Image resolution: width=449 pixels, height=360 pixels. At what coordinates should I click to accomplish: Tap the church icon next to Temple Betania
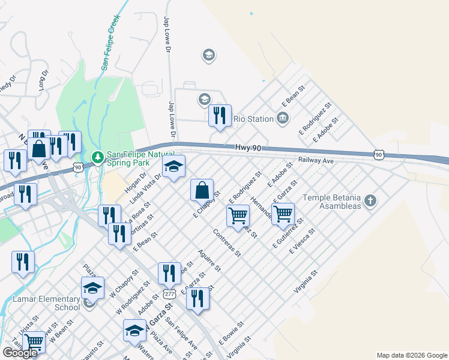tap(370, 200)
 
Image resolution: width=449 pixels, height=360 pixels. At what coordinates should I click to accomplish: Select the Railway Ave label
tap(316, 161)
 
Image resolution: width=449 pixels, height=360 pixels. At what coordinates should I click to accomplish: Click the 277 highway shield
tap(169, 295)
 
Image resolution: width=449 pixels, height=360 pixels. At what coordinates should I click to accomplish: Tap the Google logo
tap(20, 353)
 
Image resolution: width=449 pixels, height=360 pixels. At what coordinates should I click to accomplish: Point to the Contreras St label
tap(227, 242)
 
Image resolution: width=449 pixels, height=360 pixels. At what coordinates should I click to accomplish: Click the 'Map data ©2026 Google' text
tap(411, 355)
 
